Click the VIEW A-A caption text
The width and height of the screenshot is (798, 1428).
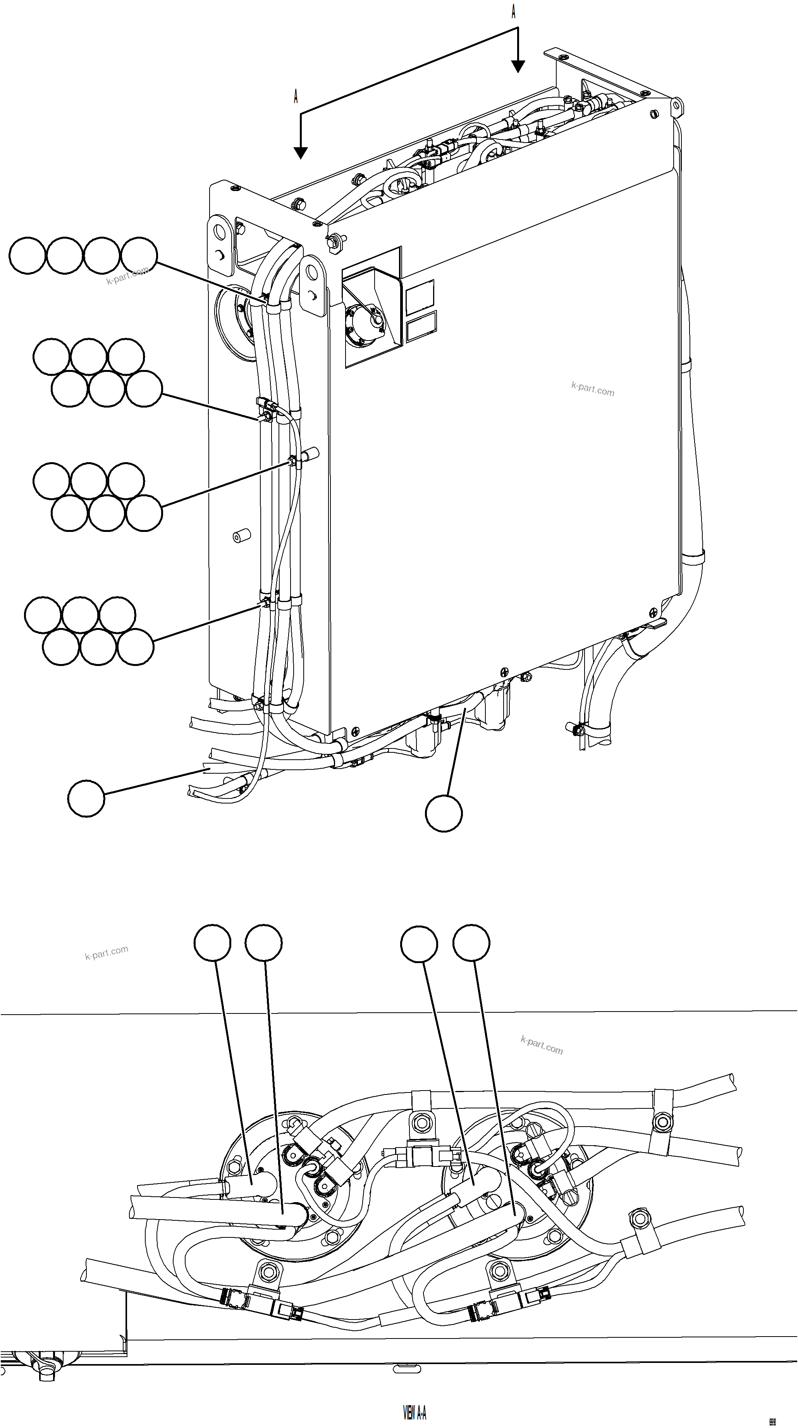tap(414, 1412)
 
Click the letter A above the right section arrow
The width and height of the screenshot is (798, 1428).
tap(514, 12)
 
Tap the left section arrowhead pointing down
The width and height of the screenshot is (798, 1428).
tap(300, 152)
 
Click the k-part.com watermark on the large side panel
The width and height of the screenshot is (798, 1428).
tap(592, 389)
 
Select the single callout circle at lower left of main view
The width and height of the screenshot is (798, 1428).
tap(86, 798)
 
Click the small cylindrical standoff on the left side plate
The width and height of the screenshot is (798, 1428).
tap(241, 536)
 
